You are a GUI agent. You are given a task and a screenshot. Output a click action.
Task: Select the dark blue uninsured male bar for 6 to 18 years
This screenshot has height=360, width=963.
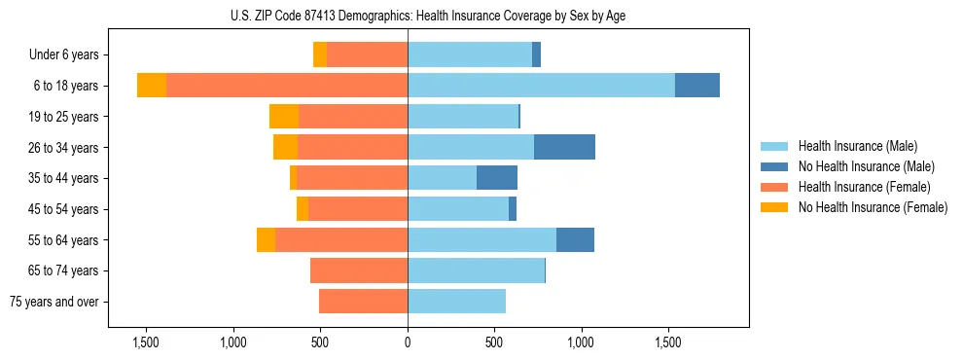click(696, 86)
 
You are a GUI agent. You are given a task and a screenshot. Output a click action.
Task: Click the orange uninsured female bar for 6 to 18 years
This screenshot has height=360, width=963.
click(152, 86)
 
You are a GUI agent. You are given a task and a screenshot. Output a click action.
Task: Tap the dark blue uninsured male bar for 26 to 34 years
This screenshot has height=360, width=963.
click(564, 147)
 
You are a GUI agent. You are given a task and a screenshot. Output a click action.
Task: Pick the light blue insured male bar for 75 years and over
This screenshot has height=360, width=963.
click(456, 302)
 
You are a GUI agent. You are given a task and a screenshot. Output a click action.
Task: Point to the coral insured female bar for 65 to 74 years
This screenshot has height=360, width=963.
click(359, 270)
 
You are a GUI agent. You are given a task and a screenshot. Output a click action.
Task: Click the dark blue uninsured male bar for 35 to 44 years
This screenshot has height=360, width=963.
click(496, 178)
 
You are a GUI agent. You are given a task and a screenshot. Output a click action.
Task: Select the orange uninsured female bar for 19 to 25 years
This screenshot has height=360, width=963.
click(284, 117)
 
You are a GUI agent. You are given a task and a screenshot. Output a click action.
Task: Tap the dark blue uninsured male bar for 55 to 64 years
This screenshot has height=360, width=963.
click(575, 239)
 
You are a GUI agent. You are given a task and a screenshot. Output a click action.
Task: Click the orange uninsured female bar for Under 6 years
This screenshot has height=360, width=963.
click(320, 54)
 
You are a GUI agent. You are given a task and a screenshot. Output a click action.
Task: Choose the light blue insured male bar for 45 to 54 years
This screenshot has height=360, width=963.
click(458, 209)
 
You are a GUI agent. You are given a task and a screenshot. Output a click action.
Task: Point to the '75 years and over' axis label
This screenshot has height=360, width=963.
click(54, 302)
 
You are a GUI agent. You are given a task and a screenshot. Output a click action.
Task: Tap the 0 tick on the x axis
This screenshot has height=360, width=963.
click(408, 342)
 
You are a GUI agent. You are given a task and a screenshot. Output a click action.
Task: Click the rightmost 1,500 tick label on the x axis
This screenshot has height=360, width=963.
click(668, 342)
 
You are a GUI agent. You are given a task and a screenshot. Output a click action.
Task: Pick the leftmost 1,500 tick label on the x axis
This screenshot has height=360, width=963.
click(146, 342)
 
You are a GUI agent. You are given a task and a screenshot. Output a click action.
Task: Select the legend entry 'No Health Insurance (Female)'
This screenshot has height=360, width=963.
click(872, 207)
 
